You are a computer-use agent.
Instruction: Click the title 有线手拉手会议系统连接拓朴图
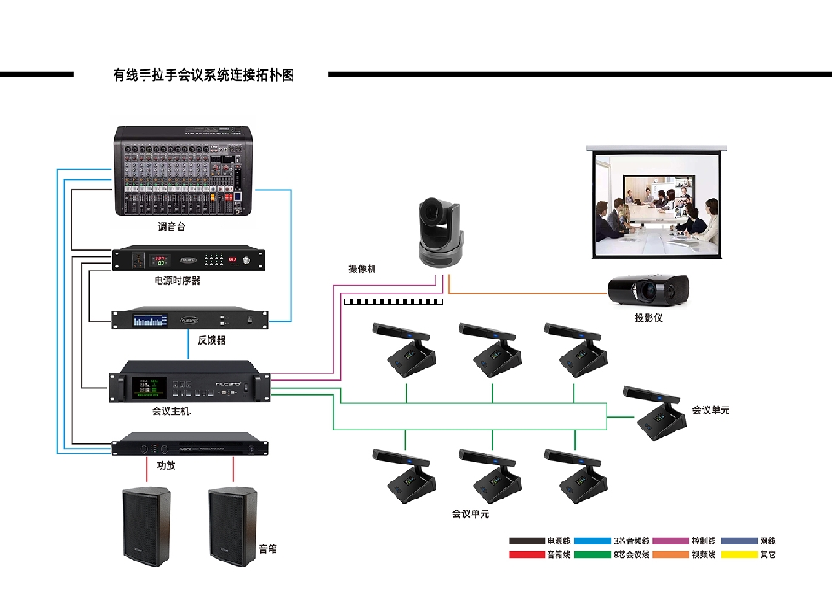pyautogui.click(x=203, y=75)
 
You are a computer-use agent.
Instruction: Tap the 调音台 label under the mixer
pyautogui.click(x=171, y=227)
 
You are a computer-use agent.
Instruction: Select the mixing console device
pyautogui.click(x=185, y=171)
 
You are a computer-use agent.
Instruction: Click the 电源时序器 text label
pyautogui.click(x=178, y=280)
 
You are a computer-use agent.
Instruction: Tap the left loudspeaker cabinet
pyautogui.click(x=147, y=524)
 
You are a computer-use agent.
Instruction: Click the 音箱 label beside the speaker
pyautogui.click(x=267, y=550)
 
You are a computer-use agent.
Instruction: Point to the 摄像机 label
pyautogui.click(x=362, y=269)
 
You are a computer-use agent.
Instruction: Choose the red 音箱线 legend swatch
pyautogui.click(x=526, y=555)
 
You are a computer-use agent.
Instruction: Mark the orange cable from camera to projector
pyautogui.click(x=527, y=294)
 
